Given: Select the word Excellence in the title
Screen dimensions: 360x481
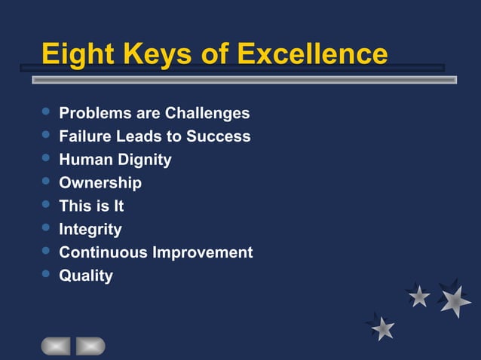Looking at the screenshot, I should (x=312, y=54).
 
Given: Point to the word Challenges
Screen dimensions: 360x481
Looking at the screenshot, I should (x=207, y=114).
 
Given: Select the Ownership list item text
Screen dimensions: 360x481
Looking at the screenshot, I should (x=100, y=183).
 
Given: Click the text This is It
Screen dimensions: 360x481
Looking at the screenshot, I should (x=91, y=206).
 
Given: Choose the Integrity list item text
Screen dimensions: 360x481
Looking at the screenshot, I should (x=90, y=229).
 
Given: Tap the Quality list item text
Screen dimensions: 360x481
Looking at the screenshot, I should (x=86, y=276).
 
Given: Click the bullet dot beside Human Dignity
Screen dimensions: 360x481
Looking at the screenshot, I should (x=46, y=158).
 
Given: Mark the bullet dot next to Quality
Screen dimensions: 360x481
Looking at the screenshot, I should (x=46, y=274).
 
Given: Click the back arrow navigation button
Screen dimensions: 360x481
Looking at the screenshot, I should (x=56, y=346).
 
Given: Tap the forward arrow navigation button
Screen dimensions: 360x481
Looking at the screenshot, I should (x=90, y=346).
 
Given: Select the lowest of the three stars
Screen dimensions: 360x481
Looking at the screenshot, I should (x=383, y=327).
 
